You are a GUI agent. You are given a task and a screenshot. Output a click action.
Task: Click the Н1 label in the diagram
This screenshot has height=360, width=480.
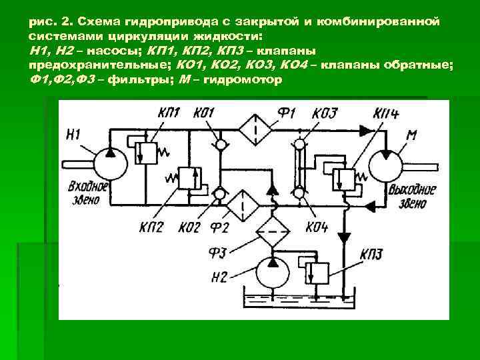(73, 135)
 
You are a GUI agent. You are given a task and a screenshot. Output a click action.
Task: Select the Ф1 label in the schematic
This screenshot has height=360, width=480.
(286, 112)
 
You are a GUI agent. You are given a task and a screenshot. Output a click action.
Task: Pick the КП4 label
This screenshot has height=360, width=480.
(386, 113)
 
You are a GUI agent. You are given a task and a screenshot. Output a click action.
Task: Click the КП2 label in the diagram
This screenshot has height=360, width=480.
(152, 227)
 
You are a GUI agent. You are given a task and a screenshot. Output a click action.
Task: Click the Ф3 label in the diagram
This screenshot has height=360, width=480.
(219, 251)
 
